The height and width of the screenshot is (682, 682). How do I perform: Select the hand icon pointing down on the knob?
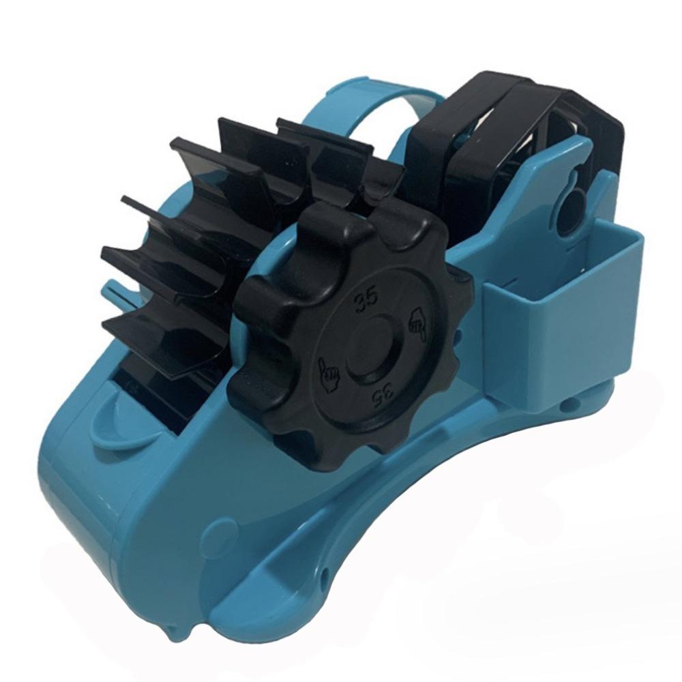tap(415, 325)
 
